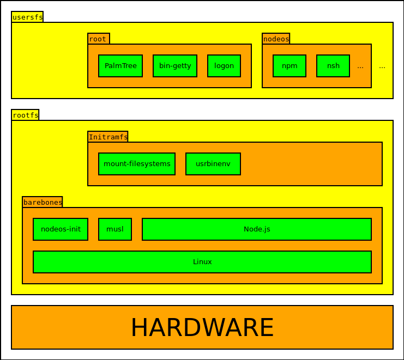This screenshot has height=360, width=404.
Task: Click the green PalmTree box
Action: (120, 66)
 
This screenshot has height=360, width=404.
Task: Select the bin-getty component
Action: (175, 66)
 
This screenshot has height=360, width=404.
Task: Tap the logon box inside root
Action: (224, 66)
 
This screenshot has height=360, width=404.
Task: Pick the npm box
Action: (290, 66)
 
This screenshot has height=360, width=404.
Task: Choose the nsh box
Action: (333, 66)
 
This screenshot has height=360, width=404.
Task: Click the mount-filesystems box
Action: (137, 164)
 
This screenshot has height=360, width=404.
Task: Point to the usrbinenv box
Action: (213, 164)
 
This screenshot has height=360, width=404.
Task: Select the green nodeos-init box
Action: (61, 229)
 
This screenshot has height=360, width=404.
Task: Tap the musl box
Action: (115, 229)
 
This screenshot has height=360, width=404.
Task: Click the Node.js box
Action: (257, 229)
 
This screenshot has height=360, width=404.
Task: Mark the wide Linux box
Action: (202, 262)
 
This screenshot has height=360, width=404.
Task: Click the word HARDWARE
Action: (202, 327)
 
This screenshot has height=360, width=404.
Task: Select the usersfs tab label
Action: (27, 17)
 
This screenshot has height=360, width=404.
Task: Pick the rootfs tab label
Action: (25, 115)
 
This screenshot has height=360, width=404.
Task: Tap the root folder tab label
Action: (98, 39)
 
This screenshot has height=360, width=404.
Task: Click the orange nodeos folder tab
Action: (276, 39)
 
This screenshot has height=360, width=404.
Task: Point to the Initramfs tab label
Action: (108, 137)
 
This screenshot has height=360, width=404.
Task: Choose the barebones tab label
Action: (43, 202)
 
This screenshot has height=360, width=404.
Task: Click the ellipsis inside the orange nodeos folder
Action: (360, 66)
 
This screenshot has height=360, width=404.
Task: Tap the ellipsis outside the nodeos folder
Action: (382, 66)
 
